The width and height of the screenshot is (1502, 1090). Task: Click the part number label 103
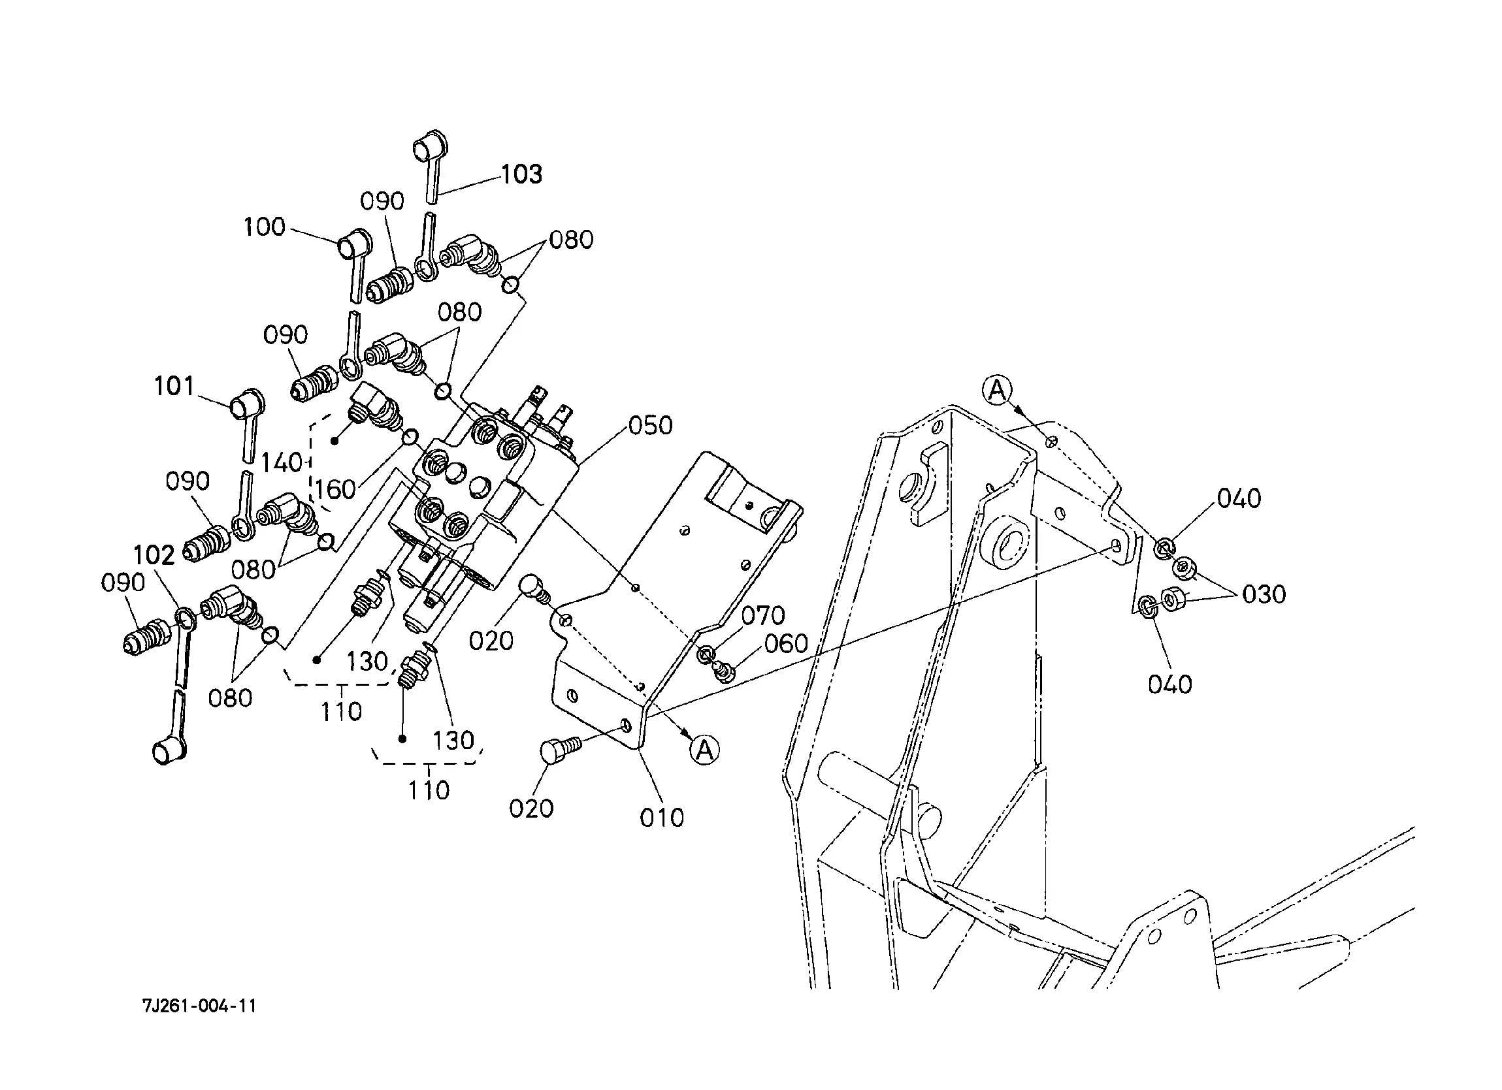coord(521,174)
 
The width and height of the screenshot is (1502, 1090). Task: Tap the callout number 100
coord(264,227)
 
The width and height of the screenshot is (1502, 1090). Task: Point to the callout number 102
coord(154,555)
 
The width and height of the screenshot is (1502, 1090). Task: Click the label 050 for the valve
coord(650,426)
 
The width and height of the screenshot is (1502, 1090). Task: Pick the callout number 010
coord(662,818)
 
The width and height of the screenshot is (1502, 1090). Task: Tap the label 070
coord(763,616)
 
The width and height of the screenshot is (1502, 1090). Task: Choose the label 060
coord(786,644)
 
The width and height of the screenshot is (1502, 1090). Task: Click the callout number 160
coord(335,489)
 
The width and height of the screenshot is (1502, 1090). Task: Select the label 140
coord(282,463)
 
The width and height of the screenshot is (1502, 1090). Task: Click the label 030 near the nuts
coord(1264,595)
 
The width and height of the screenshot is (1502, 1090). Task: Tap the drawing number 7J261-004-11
coord(199,1006)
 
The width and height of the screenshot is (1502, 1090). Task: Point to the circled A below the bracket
coord(705,750)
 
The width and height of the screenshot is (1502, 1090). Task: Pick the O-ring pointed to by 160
coord(410,437)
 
